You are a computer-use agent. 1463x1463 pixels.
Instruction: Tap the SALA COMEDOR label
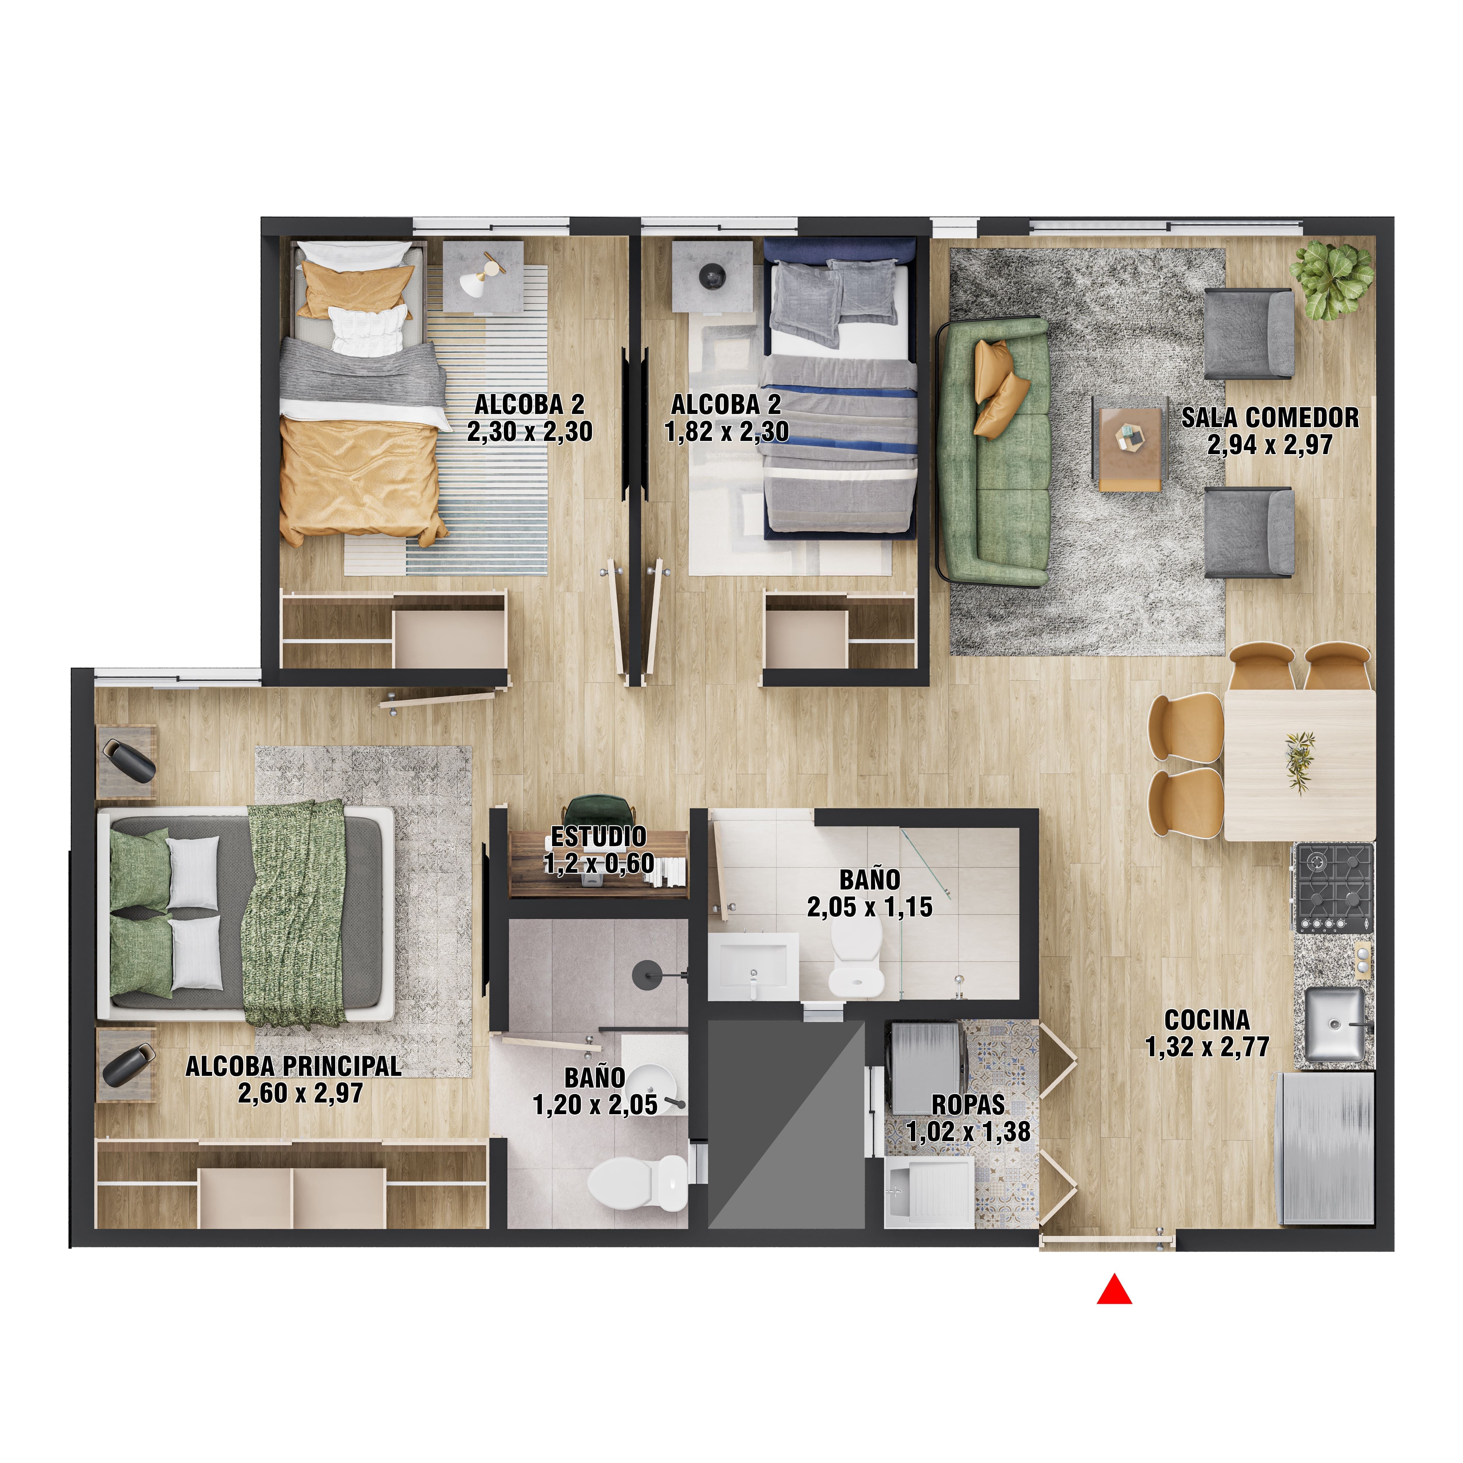[x=1270, y=417]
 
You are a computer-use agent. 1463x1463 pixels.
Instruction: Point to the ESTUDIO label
[x=598, y=837]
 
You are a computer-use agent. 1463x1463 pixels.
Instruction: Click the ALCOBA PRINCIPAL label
[x=294, y=1066]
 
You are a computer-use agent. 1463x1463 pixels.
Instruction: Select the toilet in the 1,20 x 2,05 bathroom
[x=638, y=1183]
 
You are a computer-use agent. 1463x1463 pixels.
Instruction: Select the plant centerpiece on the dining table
[x=1299, y=761]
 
